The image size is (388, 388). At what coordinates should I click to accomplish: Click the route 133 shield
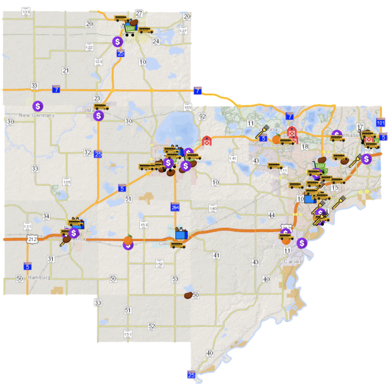26,11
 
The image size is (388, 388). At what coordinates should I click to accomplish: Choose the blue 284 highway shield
175,207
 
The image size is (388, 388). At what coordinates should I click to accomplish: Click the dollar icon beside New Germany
38,105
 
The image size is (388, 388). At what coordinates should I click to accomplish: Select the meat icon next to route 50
188,296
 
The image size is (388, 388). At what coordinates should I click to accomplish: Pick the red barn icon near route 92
207,140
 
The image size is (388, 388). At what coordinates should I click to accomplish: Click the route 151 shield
128,334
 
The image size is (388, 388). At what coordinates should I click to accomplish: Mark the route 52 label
151,326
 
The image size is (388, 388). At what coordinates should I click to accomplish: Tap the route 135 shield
67,182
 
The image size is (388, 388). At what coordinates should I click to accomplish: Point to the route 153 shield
144,224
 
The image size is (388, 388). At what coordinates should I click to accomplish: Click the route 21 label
66,70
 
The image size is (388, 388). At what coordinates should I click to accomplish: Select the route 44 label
271,215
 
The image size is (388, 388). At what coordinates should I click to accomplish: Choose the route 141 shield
233,159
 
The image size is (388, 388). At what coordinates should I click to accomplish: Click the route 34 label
46,216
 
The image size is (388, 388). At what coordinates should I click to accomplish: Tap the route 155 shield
187,108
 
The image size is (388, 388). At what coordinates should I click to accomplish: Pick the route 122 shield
89,47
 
